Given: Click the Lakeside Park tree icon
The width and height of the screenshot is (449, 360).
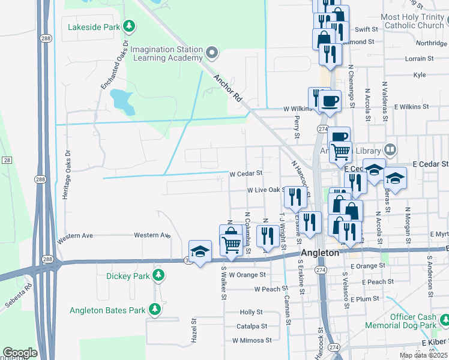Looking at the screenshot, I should (x=128, y=26).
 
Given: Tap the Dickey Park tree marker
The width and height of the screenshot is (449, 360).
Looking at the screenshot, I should (x=158, y=276).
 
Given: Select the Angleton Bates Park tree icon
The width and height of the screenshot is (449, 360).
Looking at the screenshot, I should (x=155, y=310).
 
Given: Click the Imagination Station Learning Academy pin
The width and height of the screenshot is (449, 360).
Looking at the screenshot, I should (x=211, y=53).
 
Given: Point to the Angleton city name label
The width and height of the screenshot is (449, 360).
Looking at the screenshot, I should (x=320, y=253).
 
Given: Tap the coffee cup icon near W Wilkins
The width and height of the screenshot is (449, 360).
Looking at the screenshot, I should (x=330, y=101).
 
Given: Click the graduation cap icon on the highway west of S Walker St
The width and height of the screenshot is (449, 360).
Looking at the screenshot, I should (x=200, y=251).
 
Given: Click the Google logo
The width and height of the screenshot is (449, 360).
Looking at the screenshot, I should (x=20, y=353).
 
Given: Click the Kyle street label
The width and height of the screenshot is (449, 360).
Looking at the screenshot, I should (x=420, y=75).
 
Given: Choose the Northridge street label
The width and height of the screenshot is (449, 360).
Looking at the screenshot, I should (x=432, y=43).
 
